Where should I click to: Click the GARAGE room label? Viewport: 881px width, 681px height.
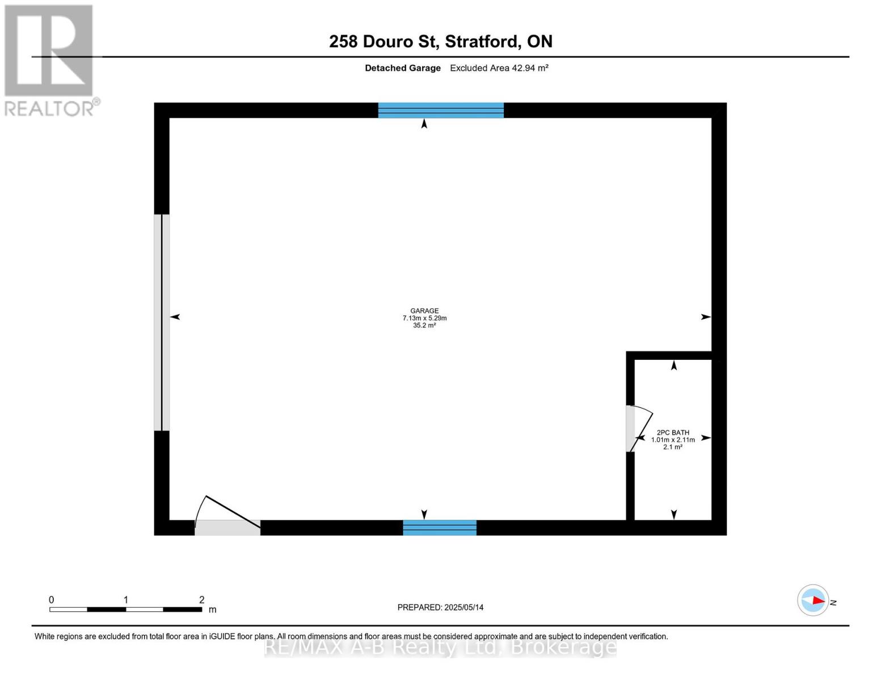coord(424,310)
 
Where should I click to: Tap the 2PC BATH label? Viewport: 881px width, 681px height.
coord(673,432)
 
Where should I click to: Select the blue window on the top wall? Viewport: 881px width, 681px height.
coord(441,110)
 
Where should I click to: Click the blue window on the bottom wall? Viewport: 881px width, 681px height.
coord(440,528)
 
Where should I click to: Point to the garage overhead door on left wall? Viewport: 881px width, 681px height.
coord(162,322)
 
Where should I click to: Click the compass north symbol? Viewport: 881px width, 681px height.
coord(813,600)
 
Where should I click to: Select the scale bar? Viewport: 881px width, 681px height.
coord(125,609)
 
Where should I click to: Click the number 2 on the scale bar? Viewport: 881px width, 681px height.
coord(201,600)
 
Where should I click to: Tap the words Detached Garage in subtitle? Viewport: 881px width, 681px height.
coord(403,68)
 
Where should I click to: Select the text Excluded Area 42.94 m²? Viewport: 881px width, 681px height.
coord(499,68)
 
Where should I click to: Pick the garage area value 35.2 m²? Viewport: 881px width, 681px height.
coord(424,326)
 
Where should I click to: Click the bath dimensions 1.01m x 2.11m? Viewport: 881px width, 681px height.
coord(673,440)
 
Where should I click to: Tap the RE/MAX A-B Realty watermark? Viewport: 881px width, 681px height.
coord(440,647)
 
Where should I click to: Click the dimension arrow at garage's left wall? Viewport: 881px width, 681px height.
coord(175,317)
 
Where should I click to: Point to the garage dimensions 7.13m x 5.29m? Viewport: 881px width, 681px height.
coord(424,318)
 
